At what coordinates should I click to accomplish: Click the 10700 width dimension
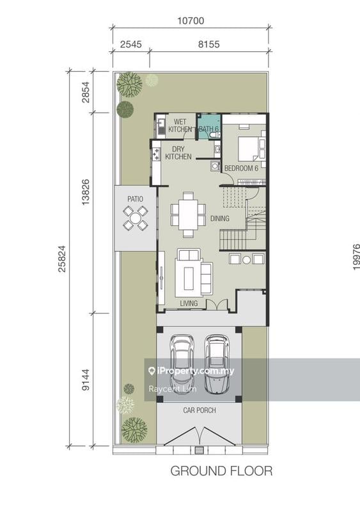(x=190, y=20)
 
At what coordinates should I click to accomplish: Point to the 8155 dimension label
(x=208, y=45)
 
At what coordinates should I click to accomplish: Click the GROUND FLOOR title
(x=221, y=471)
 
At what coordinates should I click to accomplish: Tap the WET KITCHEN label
(x=180, y=125)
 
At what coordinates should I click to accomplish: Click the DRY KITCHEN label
(x=178, y=152)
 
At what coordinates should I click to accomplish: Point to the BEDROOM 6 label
(x=240, y=168)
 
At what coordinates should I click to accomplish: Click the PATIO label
(x=135, y=199)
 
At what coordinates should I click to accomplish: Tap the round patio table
(x=136, y=220)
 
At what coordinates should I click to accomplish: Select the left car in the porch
(x=182, y=364)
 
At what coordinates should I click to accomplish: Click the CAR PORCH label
(x=199, y=410)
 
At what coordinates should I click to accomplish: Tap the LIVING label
(x=189, y=303)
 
